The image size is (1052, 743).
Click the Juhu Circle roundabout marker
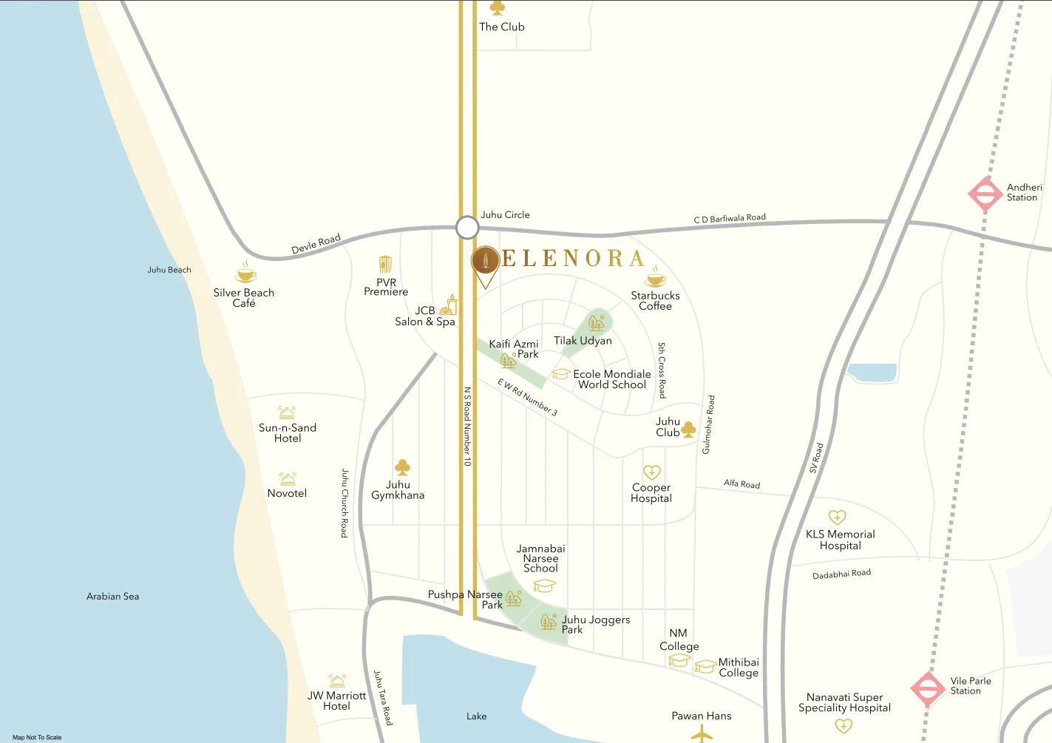point(466,228)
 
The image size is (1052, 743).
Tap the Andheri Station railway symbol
point(985,194)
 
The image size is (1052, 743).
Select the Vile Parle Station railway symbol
point(928,688)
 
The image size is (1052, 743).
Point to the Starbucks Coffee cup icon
point(655,278)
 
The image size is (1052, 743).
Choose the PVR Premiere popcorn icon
point(385,265)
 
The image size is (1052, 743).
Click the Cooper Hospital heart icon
point(651,472)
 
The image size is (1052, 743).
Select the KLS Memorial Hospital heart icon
point(837,518)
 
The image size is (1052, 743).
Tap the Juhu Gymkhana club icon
point(403,467)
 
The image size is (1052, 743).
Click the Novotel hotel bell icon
point(288,479)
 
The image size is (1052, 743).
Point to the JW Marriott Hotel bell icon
point(337,680)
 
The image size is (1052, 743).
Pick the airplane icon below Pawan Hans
point(702,733)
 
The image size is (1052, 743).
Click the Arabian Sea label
point(112,596)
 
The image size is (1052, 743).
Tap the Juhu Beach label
point(169,270)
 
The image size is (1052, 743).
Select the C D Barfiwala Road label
point(730,218)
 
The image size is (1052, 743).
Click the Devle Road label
point(316,243)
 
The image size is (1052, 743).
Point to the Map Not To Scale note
point(37,737)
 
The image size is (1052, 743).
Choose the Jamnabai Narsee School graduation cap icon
point(544,586)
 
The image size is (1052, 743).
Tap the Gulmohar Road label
point(708,424)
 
